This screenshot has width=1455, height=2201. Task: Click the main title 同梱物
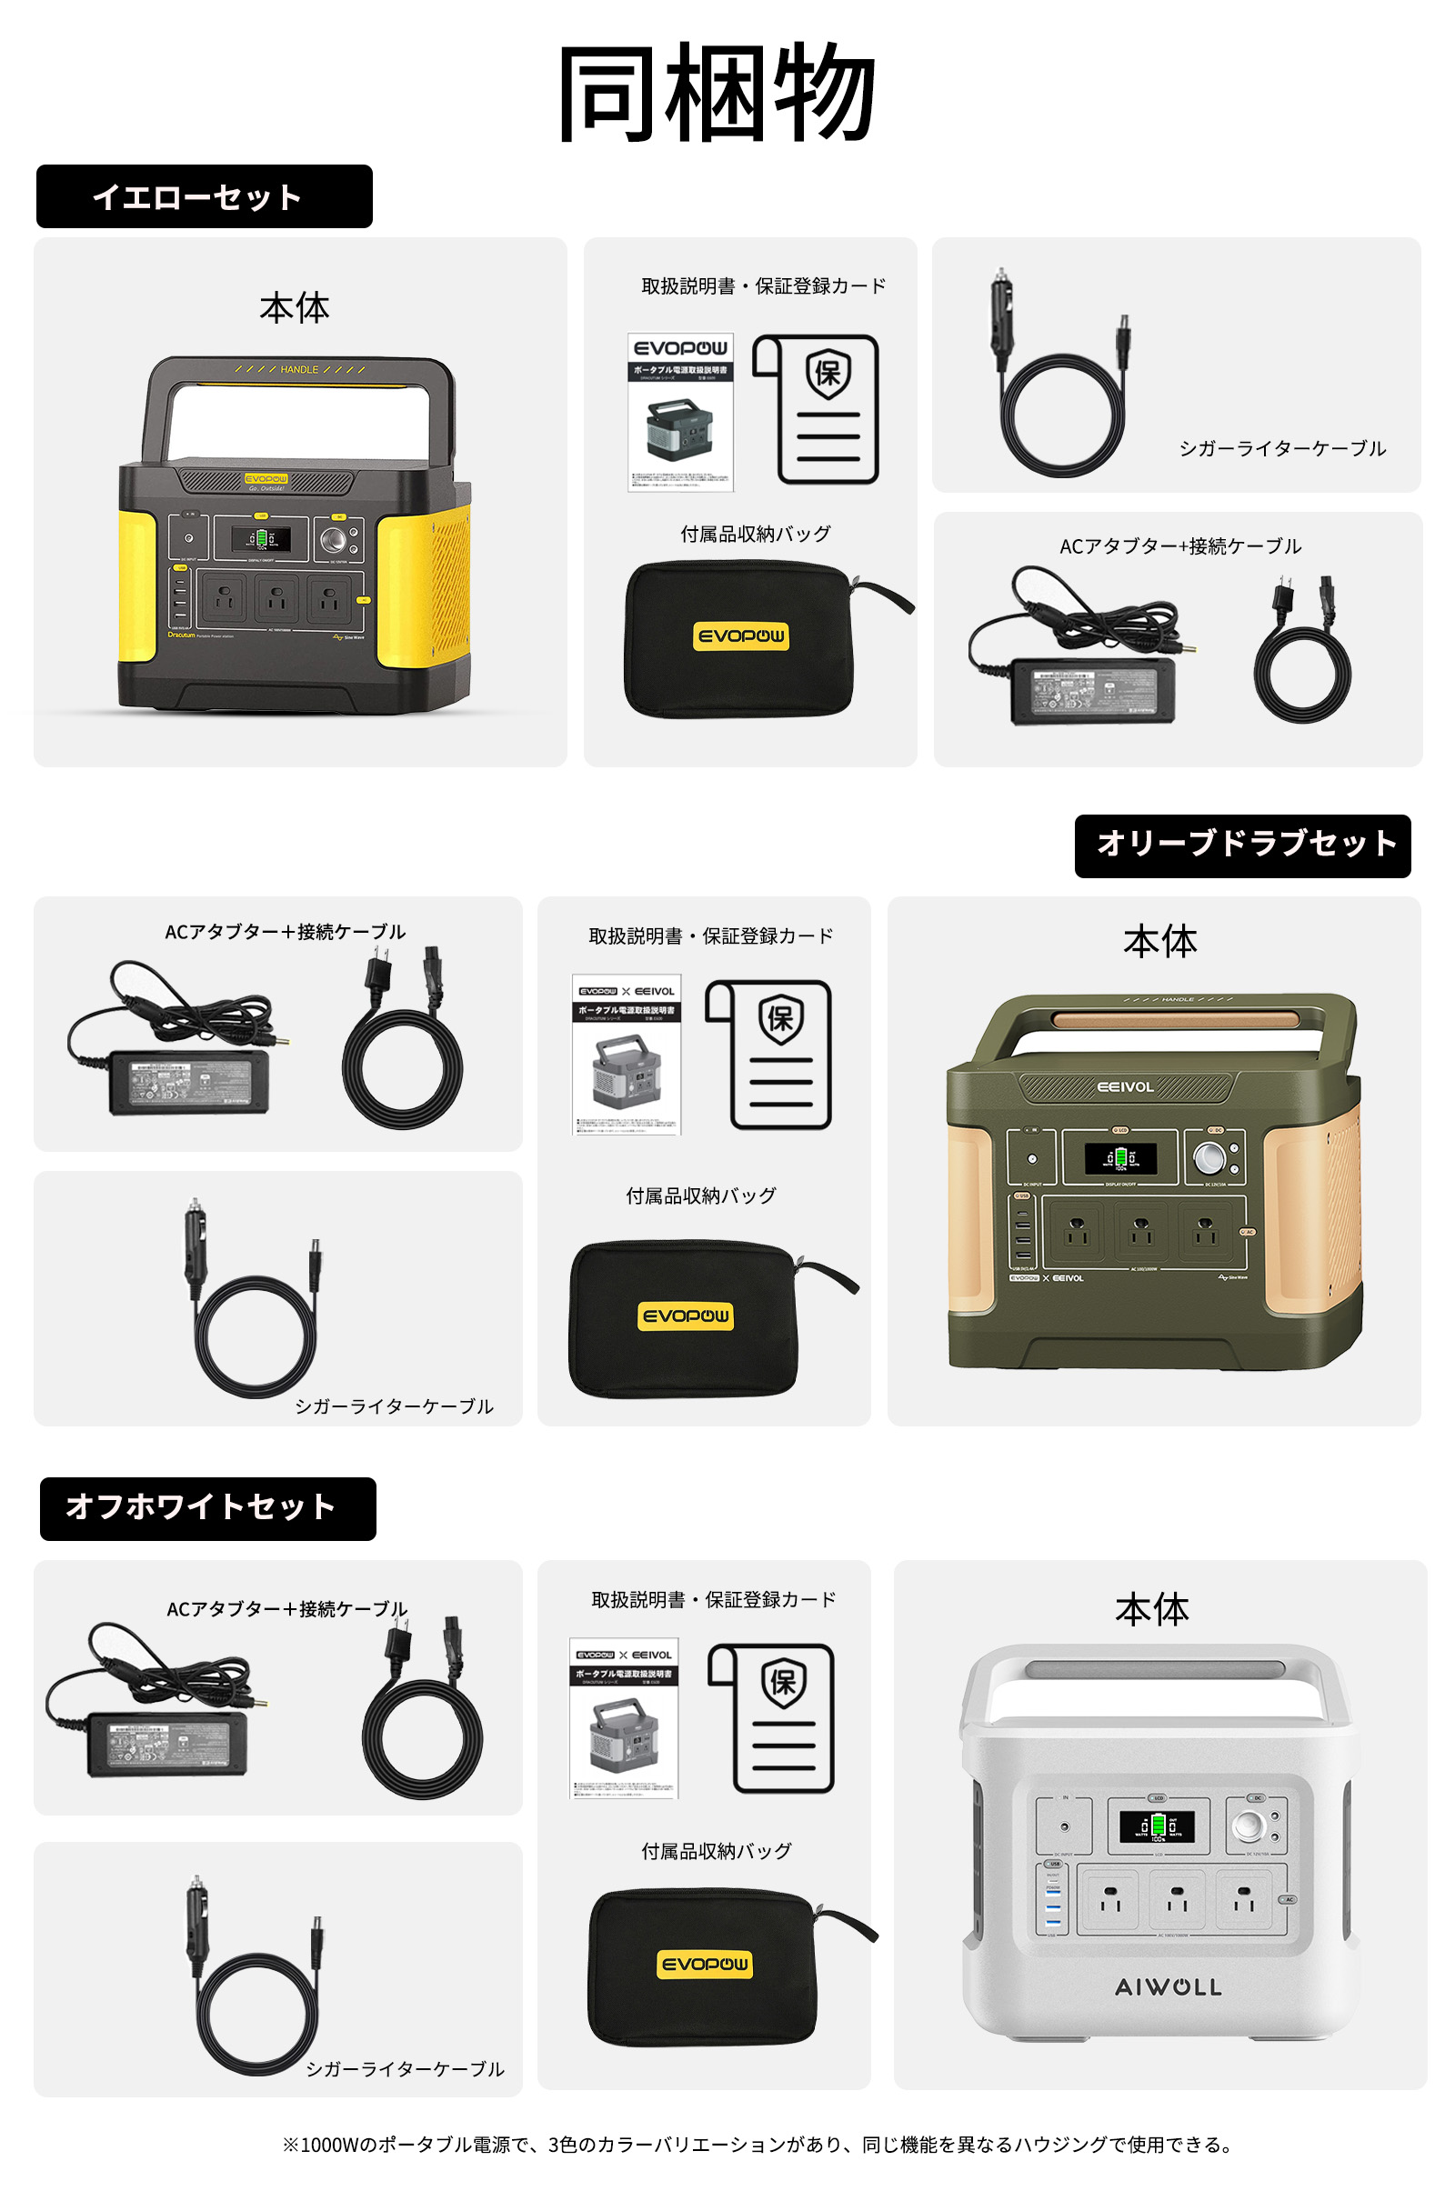point(717,93)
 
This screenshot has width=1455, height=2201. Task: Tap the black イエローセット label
point(204,196)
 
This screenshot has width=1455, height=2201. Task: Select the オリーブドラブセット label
point(1242,845)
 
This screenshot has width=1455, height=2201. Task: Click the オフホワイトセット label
point(208,1508)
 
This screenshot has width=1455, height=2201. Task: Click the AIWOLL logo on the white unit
point(1168,1986)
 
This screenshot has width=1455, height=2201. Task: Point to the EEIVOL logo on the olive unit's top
point(1125,1087)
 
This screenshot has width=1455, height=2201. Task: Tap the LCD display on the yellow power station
point(261,538)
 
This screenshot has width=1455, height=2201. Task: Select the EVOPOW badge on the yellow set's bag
point(740,636)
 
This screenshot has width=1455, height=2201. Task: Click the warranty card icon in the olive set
point(780,1054)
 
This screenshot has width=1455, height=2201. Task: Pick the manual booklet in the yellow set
point(680,412)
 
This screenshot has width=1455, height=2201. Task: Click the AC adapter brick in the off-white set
point(167,1744)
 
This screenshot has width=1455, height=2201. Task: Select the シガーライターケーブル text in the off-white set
point(405,2069)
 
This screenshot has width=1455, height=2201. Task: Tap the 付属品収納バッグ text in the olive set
point(700,1196)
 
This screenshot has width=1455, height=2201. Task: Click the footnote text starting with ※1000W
point(758,2145)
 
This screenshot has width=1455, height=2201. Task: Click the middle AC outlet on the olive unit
point(1140,1231)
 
